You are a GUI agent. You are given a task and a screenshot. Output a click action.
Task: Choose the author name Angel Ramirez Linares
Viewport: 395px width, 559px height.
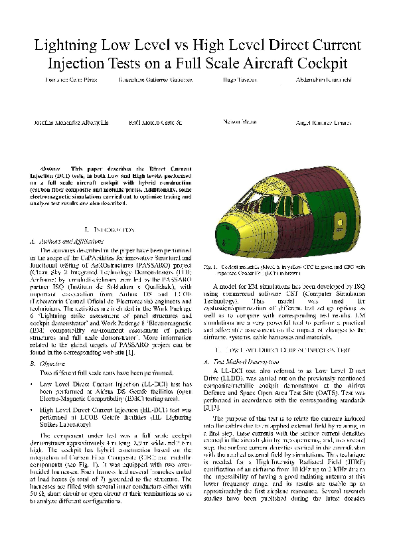click(318, 123)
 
